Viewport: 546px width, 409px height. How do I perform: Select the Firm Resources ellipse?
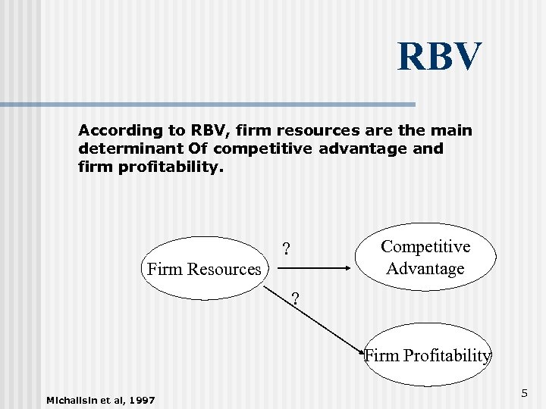[x=203, y=269]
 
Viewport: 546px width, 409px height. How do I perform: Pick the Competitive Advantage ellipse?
[x=425, y=258]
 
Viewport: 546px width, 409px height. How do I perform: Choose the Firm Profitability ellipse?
[x=428, y=354]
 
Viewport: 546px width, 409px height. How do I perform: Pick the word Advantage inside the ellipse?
[x=425, y=268]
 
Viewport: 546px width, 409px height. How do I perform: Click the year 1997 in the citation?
[x=142, y=400]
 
